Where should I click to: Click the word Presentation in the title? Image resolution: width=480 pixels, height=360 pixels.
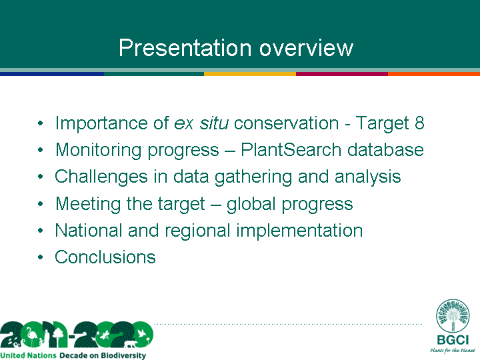point(185,48)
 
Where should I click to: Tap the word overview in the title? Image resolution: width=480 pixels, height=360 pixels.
point(307,49)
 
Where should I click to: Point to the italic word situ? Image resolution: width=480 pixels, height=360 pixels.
point(214,123)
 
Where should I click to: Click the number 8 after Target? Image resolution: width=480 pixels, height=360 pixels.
point(420,123)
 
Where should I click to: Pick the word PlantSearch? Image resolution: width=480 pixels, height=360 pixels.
point(291,150)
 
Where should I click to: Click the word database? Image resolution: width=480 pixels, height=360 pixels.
point(385,150)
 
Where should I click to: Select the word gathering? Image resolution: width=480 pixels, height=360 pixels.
point(253,177)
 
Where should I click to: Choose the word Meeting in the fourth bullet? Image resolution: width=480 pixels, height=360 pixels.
point(88,204)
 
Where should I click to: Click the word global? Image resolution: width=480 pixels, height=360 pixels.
point(251,204)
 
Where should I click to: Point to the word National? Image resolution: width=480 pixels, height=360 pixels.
point(89,230)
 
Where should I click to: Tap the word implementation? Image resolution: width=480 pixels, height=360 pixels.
point(299,231)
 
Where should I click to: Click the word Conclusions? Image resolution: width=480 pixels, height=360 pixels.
point(105,257)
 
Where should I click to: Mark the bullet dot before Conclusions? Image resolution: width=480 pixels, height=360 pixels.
point(41,257)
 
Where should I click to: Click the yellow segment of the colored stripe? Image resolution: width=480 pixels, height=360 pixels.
point(250,74)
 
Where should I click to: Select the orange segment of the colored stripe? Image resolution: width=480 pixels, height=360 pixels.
point(434,74)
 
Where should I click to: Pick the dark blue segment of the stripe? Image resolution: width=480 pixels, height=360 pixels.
point(52,74)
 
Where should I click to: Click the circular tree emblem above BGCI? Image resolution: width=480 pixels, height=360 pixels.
point(453,315)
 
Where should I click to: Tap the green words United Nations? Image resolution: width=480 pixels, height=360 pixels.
point(28,355)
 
